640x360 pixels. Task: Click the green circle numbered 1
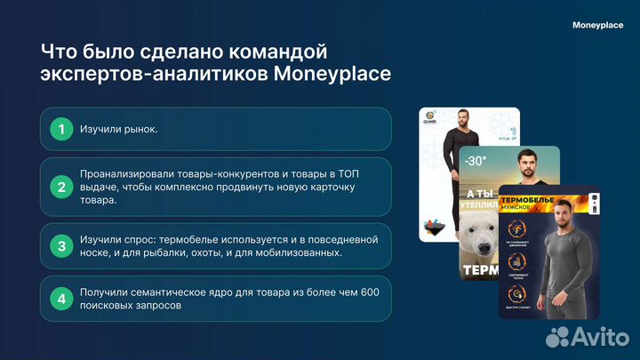(x=61, y=130)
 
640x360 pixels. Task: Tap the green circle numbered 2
(x=61, y=187)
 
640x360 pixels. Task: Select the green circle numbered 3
(x=61, y=246)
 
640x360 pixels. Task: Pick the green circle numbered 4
(x=61, y=298)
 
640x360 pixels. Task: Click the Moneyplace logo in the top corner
(x=597, y=26)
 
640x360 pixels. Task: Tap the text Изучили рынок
(x=118, y=130)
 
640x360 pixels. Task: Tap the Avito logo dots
(x=557, y=336)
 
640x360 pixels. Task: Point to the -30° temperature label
(x=476, y=161)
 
